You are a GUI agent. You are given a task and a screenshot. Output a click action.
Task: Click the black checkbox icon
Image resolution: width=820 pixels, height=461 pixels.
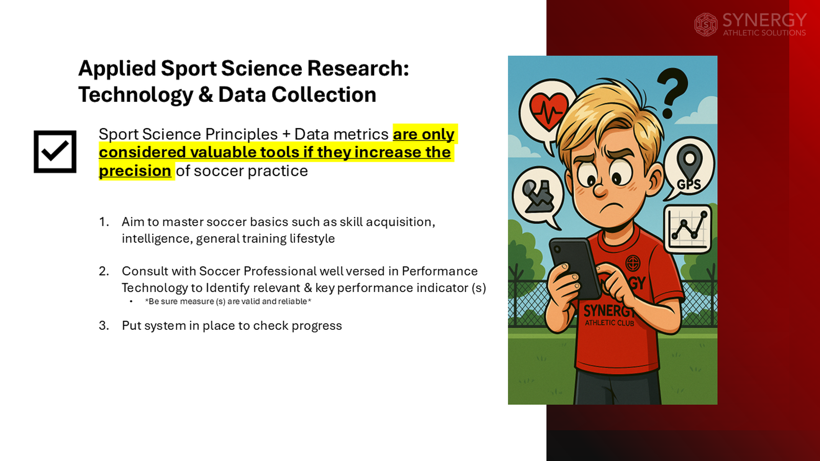click(x=55, y=152)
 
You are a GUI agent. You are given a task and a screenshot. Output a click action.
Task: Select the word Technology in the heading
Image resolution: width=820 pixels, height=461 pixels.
click(x=135, y=95)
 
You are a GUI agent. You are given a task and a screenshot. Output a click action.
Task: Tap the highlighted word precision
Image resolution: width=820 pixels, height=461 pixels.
click(x=135, y=171)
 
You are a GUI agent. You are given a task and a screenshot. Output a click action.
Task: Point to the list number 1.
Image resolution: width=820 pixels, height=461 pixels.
click(x=104, y=222)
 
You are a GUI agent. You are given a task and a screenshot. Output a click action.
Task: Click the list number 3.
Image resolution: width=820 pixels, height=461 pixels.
click(x=104, y=326)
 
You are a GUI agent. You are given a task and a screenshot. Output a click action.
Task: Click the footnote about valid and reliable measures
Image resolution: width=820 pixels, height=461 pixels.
click(x=228, y=301)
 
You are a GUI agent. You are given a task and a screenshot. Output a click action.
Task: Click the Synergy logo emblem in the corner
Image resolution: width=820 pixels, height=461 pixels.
click(x=706, y=25)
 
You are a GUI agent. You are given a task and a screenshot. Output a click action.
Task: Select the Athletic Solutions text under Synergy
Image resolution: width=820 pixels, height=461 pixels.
click(x=764, y=33)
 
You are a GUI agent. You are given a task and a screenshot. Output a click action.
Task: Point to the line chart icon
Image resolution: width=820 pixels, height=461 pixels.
click(x=688, y=228)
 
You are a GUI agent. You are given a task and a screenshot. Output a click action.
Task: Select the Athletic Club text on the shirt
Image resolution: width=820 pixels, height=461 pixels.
click(x=609, y=323)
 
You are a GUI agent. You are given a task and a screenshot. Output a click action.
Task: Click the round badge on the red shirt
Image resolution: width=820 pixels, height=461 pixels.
click(x=633, y=263)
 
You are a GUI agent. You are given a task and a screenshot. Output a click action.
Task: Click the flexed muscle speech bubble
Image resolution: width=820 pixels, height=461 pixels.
click(x=538, y=196)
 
